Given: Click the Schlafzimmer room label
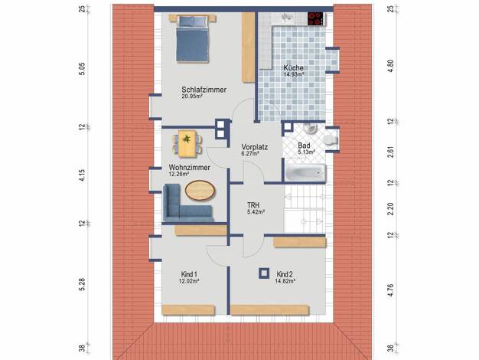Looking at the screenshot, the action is tap(204, 90).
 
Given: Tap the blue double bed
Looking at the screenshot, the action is tap(193, 39).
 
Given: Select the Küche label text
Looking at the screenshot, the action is tap(293, 68).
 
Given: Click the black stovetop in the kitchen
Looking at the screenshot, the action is tap(315, 18).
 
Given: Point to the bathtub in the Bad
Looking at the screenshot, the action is tap(305, 172).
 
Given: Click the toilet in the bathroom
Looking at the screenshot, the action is tap(331, 139).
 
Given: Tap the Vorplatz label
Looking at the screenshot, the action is tap(255, 147).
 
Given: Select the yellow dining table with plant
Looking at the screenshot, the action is tap(187, 143).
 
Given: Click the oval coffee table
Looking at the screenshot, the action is tap(200, 191).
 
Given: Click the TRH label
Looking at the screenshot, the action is tap(253, 205).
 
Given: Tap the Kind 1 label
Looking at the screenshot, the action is tap(189, 274).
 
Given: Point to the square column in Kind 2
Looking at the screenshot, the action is tap(264, 273).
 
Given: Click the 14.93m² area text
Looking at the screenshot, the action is tap(294, 74).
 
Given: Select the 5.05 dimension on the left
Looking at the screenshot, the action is tap(82, 69).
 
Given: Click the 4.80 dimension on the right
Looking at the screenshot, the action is tap(391, 66).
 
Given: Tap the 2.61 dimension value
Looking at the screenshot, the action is tap(391, 152).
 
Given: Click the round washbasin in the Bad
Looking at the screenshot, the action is tap(310, 129).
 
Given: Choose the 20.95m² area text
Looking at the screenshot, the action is tap(193, 96).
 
